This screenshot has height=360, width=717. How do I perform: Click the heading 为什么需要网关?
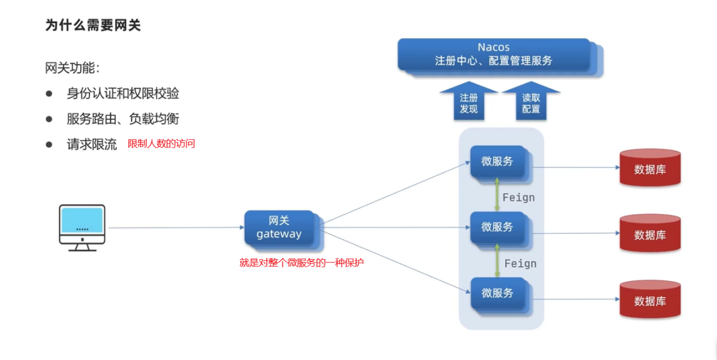pyautogui.click(x=93, y=25)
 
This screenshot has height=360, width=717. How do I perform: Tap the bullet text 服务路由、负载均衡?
pyautogui.click(x=123, y=119)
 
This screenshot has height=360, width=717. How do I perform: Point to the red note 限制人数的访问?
pyautogui.click(x=161, y=144)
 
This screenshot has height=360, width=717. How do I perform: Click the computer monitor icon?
pyautogui.click(x=82, y=227)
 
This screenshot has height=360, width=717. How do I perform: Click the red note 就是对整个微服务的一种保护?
pyautogui.click(x=302, y=263)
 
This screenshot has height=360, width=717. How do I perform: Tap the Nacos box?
pyautogui.click(x=494, y=54)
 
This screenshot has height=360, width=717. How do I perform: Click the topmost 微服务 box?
pyautogui.click(x=498, y=162)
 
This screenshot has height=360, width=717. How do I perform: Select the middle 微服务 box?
pyautogui.click(x=498, y=228)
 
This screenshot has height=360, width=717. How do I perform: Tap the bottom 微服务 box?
pyautogui.click(x=498, y=293)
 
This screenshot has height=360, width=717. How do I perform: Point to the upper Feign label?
pyautogui.click(x=518, y=198)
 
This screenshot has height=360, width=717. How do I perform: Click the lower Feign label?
pyautogui.click(x=520, y=263)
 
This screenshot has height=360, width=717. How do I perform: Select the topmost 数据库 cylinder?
pyautogui.click(x=650, y=168)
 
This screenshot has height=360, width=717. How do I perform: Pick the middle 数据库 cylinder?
pyautogui.click(x=650, y=234)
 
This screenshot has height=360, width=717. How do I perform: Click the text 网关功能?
pyautogui.click(x=73, y=68)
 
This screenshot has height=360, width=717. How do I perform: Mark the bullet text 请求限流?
pyautogui.click(x=92, y=144)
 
